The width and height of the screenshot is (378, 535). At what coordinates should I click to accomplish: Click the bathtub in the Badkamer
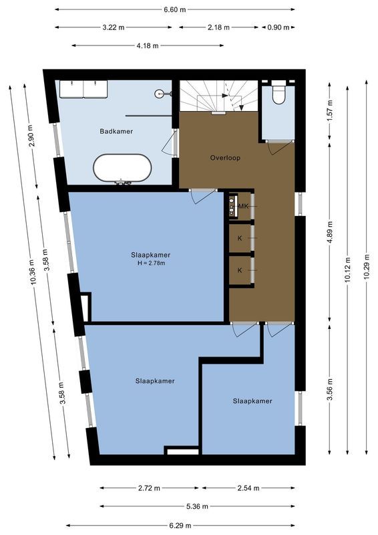tap(122, 169)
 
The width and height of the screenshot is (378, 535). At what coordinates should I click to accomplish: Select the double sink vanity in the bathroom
tap(83, 88)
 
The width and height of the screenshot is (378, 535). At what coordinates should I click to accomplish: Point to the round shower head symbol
tap(159, 94)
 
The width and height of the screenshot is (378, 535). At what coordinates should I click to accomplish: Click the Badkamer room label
tap(117, 132)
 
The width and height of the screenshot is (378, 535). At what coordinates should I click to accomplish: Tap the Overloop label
tap(225, 158)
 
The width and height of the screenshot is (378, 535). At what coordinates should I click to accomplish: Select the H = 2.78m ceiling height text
tap(151, 263)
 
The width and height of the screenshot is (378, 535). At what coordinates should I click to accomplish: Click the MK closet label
tap(242, 207)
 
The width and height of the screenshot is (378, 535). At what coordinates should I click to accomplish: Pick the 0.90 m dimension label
tap(278, 28)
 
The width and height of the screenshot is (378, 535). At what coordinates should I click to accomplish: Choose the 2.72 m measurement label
tap(148, 488)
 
